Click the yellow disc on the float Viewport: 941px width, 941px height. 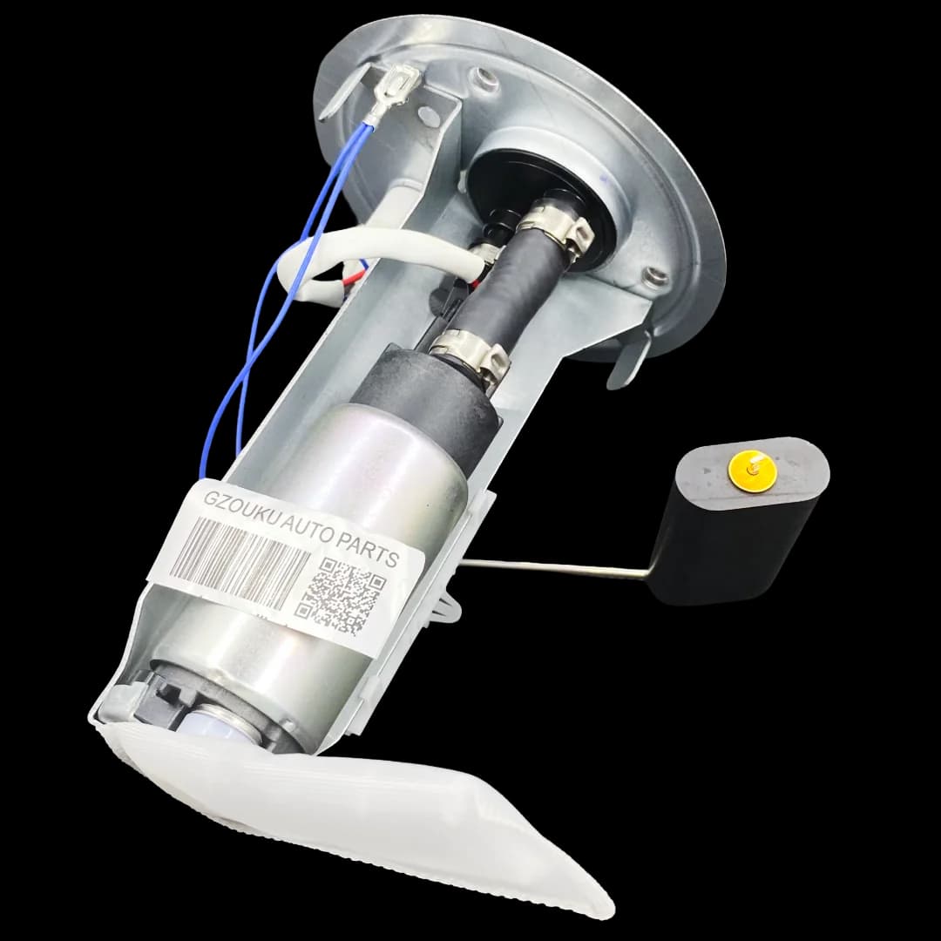(753, 472)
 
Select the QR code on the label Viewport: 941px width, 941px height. (342, 596)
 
